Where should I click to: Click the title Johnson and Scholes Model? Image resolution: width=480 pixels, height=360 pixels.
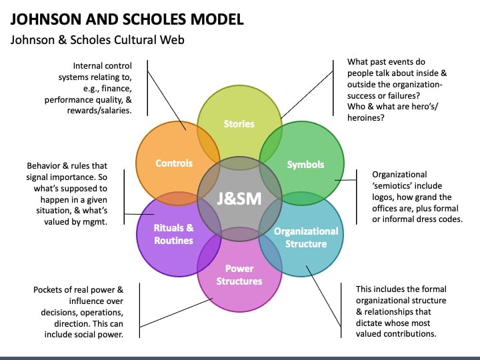pyautogui.click(x=127, y=18)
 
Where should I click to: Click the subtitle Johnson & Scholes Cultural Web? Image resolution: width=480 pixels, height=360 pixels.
pyautogui.click(x=97, y=40)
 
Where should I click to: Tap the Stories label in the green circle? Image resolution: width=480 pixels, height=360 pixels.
pyautogui.click(x=239, y=123)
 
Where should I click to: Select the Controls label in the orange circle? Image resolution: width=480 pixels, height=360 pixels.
pyautogui.click(x=173, y=163)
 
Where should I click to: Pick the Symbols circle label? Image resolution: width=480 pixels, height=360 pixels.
pyautogui.click(x=305, y=164)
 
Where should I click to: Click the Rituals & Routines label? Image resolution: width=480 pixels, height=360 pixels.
pyautogui.click(x=173, y=234)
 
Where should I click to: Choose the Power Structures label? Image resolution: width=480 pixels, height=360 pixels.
pyautogui.click(x=239, y=275)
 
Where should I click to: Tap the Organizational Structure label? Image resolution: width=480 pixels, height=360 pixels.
pyautogui.click(x=306, y=237)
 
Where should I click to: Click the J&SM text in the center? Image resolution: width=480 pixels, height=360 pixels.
pyautogui.click(x=239, y=199)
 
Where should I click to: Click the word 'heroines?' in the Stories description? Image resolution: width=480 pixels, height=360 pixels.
pyautogui.click(x=367, y=117)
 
